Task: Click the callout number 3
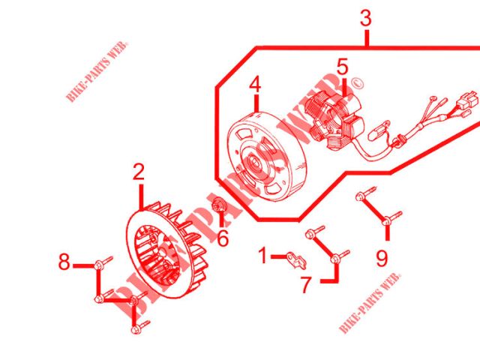coord(366,18)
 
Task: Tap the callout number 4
coord(255,85)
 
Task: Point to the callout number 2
coord(139,172)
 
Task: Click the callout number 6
coord(223,238)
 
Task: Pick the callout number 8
coord(64,262)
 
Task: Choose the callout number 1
coord(262,255)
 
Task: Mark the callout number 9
coord(382,259)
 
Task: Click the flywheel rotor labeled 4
coord(266,157)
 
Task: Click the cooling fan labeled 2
coord(166,250)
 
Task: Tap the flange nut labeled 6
coord(219,205)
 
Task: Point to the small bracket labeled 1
coord(296,260)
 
